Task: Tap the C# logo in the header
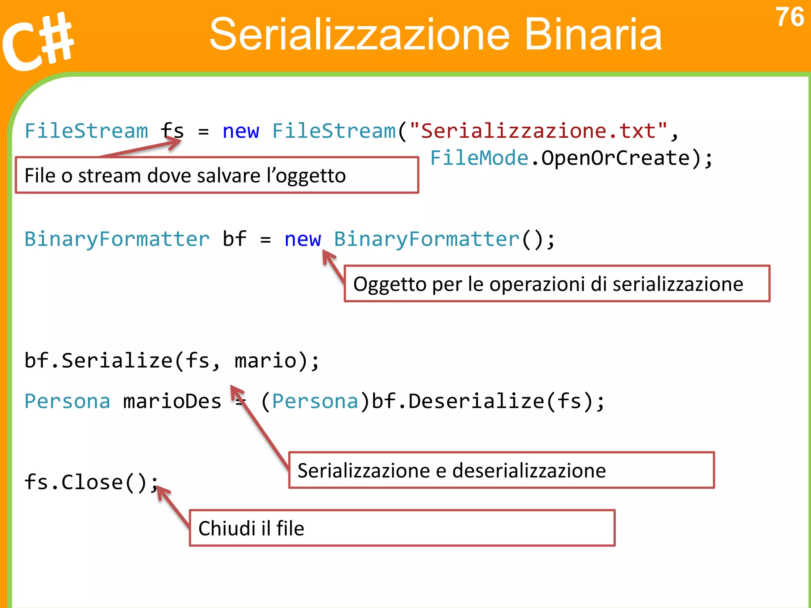38,42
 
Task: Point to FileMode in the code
479,158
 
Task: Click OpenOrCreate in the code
616,158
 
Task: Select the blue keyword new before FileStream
241,131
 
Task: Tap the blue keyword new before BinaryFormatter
303,239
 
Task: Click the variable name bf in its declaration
234,239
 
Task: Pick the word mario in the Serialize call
265,361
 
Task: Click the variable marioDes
172,401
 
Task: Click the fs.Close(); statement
91,482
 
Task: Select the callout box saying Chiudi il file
402,528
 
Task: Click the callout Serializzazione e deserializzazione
501,470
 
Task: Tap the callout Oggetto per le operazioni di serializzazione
557,284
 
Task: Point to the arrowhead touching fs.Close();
162,493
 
